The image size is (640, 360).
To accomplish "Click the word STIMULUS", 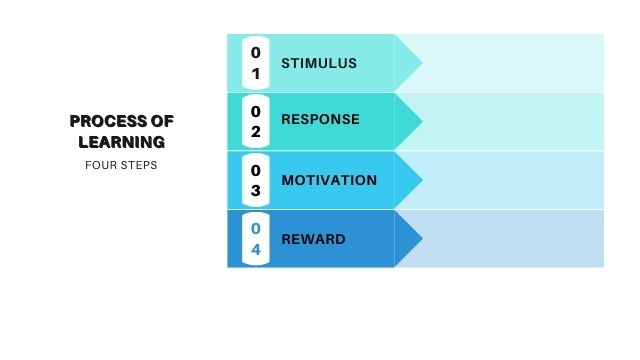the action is (x=319, y=63).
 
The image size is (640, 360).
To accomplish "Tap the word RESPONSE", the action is (x=320, y=119).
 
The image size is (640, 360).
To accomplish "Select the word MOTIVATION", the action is (x=329, y=180).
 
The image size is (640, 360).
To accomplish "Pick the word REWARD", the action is (x=313, y=239).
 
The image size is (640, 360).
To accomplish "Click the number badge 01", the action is (x=256, y=63).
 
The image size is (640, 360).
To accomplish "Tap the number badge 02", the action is (x=256, y=121).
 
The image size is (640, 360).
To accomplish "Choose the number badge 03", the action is (x=256, y=180).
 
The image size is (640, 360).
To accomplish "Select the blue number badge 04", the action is (x=256, y=239).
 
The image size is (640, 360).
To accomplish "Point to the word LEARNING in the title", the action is (x=122, y=142).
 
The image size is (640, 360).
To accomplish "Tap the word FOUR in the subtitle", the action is (x=97, y=165).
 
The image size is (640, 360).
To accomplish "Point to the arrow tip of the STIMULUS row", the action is (x=422, y=63).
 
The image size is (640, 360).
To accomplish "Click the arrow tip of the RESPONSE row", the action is (x=422, y=121).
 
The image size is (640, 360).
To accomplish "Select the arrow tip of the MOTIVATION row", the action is (x=422, y=180).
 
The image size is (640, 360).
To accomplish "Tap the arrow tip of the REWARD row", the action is (x=422, y=238).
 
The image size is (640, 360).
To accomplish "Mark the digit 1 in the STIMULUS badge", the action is (x=256, y=74).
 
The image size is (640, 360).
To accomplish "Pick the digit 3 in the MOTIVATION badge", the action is (x=256, y=190).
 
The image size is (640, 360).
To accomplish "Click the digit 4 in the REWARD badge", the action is (x=256, y=249).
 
